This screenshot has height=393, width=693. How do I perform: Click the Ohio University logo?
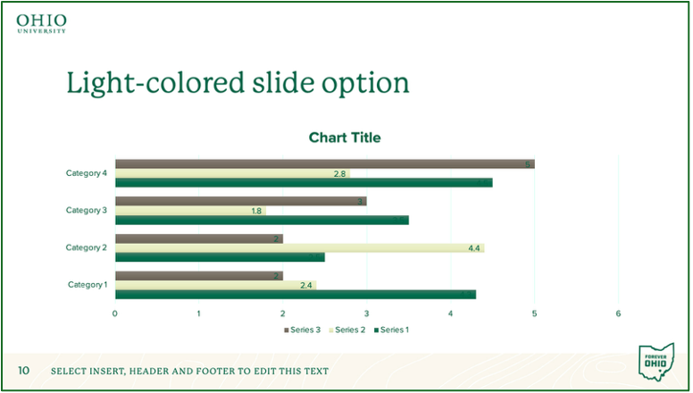(x=41, y=23)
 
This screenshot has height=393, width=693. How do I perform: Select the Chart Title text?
(x=345, y=138)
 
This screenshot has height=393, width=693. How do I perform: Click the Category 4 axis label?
(x=87, y=173)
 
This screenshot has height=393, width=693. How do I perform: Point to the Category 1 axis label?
(x=88, y=285)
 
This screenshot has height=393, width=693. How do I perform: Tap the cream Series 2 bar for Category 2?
(x=299, y=248)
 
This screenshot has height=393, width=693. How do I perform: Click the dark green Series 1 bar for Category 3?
(x=262, y=220)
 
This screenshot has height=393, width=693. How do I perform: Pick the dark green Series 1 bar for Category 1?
(x=295, y=295)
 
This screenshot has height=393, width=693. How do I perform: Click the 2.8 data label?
(x=339, y=173)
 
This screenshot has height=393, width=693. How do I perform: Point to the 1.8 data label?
(x=256, y=211)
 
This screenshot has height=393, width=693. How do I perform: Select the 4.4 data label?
(x=474, y=248)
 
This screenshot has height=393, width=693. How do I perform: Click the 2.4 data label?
(x=306, y=286)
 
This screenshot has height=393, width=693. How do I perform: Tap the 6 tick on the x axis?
(x=618, y=314)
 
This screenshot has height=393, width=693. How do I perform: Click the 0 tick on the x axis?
(x=115, y=314)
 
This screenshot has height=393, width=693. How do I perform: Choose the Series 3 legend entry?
(x=302, y=330)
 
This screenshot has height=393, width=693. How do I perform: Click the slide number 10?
(x=24, y=371)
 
